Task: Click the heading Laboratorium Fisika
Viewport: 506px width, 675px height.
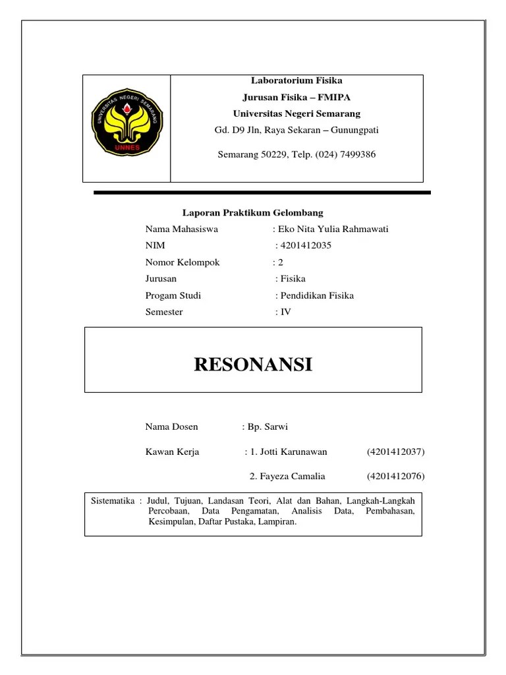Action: pos(296,80)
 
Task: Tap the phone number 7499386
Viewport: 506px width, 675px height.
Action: pos(356,155)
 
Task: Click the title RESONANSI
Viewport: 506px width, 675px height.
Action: pos(253,364)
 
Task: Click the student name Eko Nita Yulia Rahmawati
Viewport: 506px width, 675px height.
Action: pos(333,229)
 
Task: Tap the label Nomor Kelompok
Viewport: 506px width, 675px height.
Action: pos(183,262)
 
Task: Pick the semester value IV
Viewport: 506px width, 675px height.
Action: pos(285,312)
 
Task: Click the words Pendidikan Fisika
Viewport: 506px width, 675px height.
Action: pos(318,295)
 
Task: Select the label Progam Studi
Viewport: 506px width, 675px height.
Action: pos(173,295)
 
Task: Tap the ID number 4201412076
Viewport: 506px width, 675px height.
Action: pos(395,476)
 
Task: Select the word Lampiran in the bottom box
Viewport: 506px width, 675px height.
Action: pos(279,521)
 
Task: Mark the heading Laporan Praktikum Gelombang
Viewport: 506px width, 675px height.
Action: pos(253,213)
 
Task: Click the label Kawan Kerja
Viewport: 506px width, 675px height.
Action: pos(172,452)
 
